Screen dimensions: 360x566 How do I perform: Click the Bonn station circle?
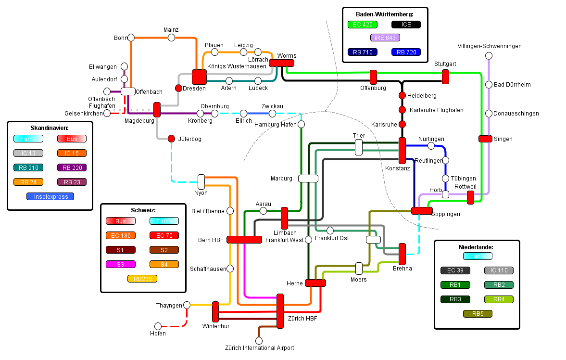pos(131,38)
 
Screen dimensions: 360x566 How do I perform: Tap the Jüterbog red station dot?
pos(171,139)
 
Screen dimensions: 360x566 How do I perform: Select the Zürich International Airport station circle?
pos(259,341)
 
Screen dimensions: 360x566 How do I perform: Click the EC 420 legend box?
pos(362,25)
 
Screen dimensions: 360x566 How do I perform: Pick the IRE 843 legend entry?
pos(385,38)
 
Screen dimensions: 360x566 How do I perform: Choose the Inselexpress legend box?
pos(50,196)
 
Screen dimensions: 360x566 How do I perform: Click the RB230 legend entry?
pos(142,278)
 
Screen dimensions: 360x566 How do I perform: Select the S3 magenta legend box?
pos(121,264)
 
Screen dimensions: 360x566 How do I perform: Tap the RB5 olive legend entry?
pos(478,314)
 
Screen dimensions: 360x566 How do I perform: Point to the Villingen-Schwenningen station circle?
pos(489,56)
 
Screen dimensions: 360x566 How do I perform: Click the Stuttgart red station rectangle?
pos(445,77)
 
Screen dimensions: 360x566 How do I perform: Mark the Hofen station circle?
pos(158,326)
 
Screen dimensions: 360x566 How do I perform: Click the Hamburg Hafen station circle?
pos(302,124)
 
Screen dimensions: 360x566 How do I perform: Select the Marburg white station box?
pos(308,179)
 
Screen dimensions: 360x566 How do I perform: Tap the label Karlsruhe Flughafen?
pos(437,110)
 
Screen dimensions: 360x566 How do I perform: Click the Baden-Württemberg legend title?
pos(385,14)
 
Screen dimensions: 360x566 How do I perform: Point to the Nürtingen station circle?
pos(431,145)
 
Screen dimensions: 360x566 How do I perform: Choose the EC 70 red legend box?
pos(164,235)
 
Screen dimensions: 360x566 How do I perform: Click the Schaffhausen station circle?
pos(230,269)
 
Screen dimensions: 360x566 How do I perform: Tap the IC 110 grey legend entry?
pos(499,270)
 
